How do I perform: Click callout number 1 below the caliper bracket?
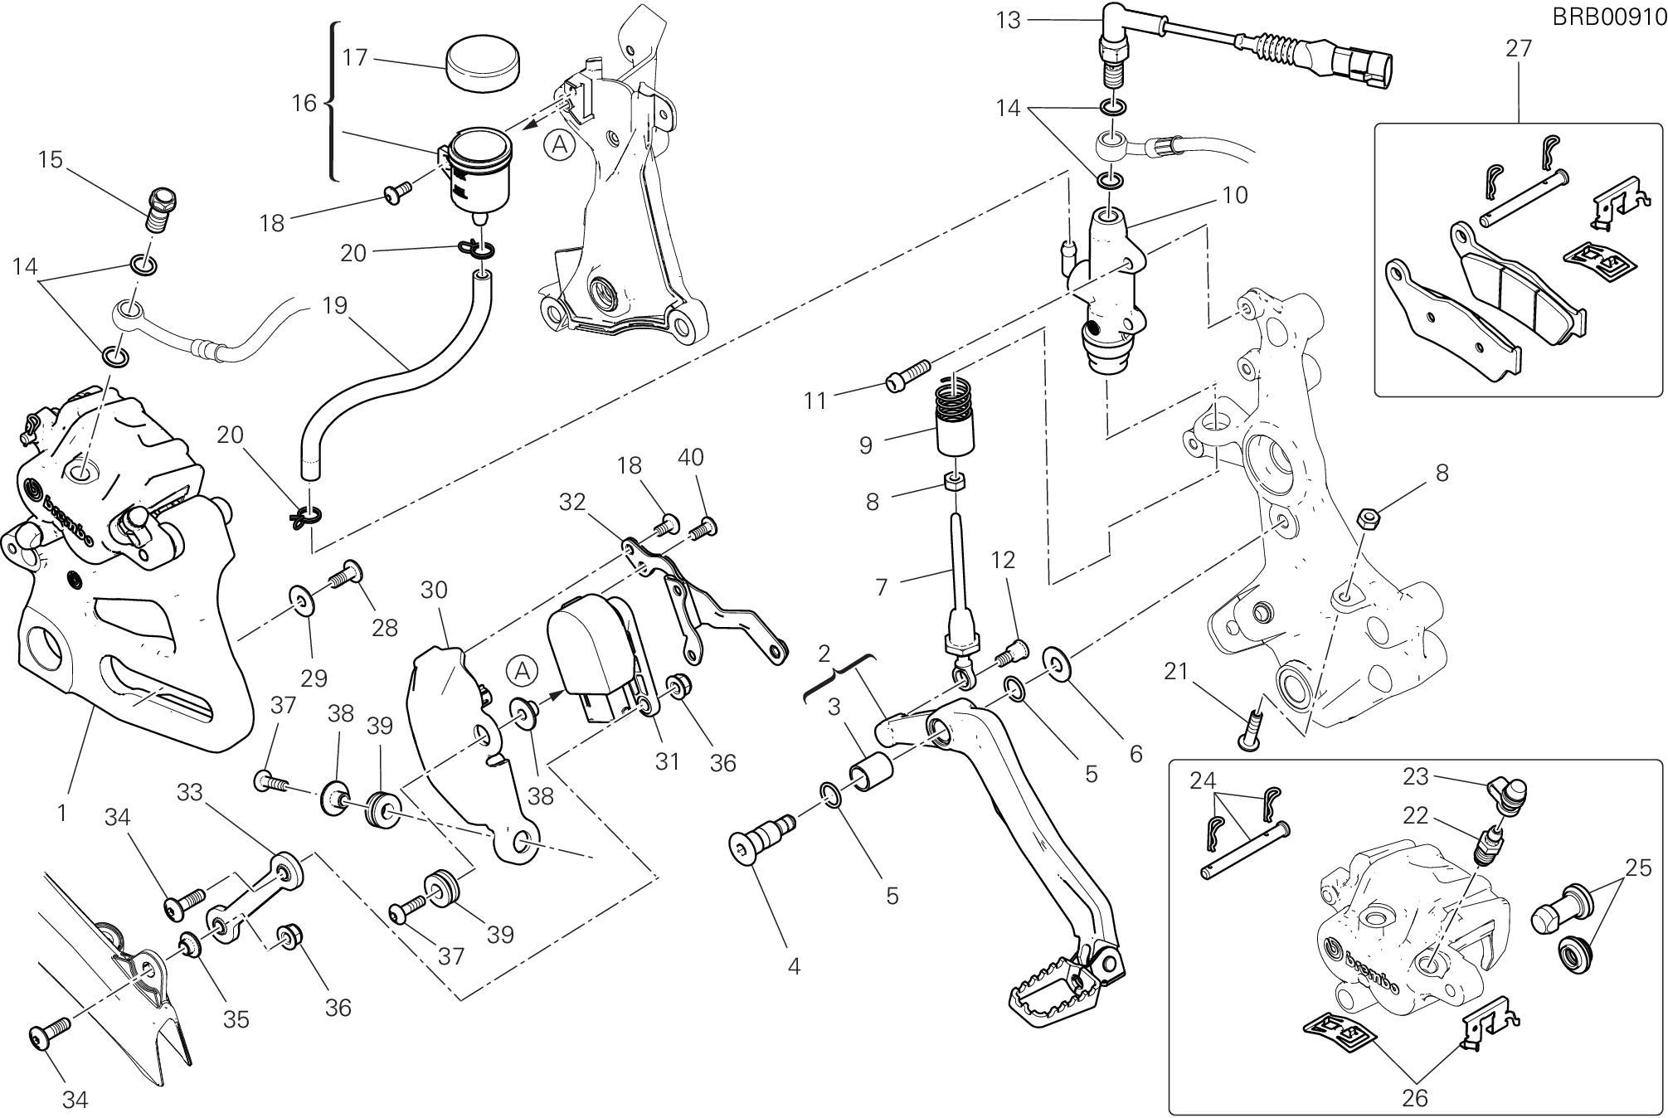point(62,813)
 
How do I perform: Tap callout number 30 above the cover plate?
point(434,590)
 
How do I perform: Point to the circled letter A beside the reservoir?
point(561,146)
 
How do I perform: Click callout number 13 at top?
point(1008,19)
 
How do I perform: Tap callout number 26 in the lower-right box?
point(1414,1097)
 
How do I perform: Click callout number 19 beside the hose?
point(333,305)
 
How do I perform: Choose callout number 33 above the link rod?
point(189,792)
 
